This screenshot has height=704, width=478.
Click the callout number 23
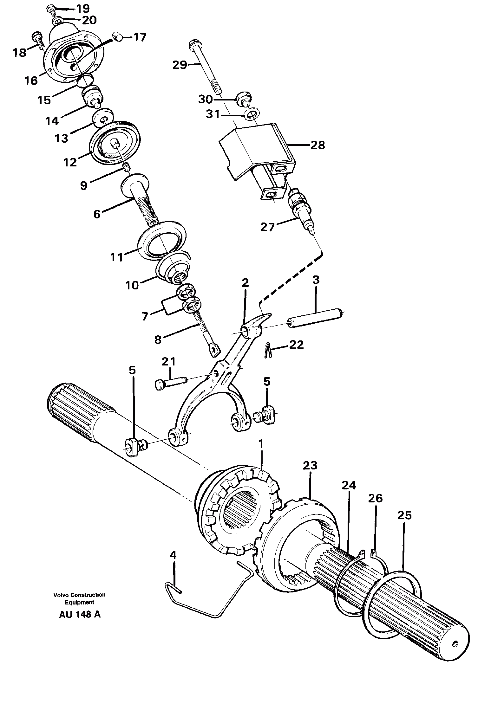310,465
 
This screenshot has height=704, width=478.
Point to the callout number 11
116,256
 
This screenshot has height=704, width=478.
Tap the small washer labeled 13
103,116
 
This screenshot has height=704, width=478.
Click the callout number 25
404,515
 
